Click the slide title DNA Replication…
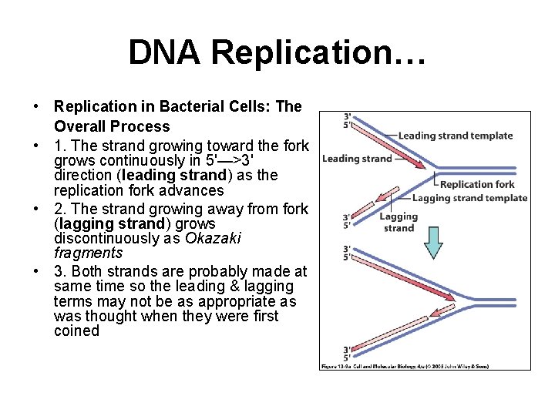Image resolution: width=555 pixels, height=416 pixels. (x=277, y=52)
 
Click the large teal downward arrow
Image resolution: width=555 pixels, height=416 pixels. (x=434, y=242)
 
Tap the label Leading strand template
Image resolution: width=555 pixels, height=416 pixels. (x=455, y=136)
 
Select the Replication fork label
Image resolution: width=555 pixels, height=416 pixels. (x=477, y=184)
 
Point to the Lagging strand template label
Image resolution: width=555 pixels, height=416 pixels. (x=469, y=198)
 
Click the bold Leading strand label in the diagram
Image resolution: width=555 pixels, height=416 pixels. (x=357, y=159)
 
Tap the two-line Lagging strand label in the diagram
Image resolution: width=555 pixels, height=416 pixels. (x=399, y=222)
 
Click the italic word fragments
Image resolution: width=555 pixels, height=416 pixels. (x=89, y=253)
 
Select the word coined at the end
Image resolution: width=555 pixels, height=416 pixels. (x=77, y=331)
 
